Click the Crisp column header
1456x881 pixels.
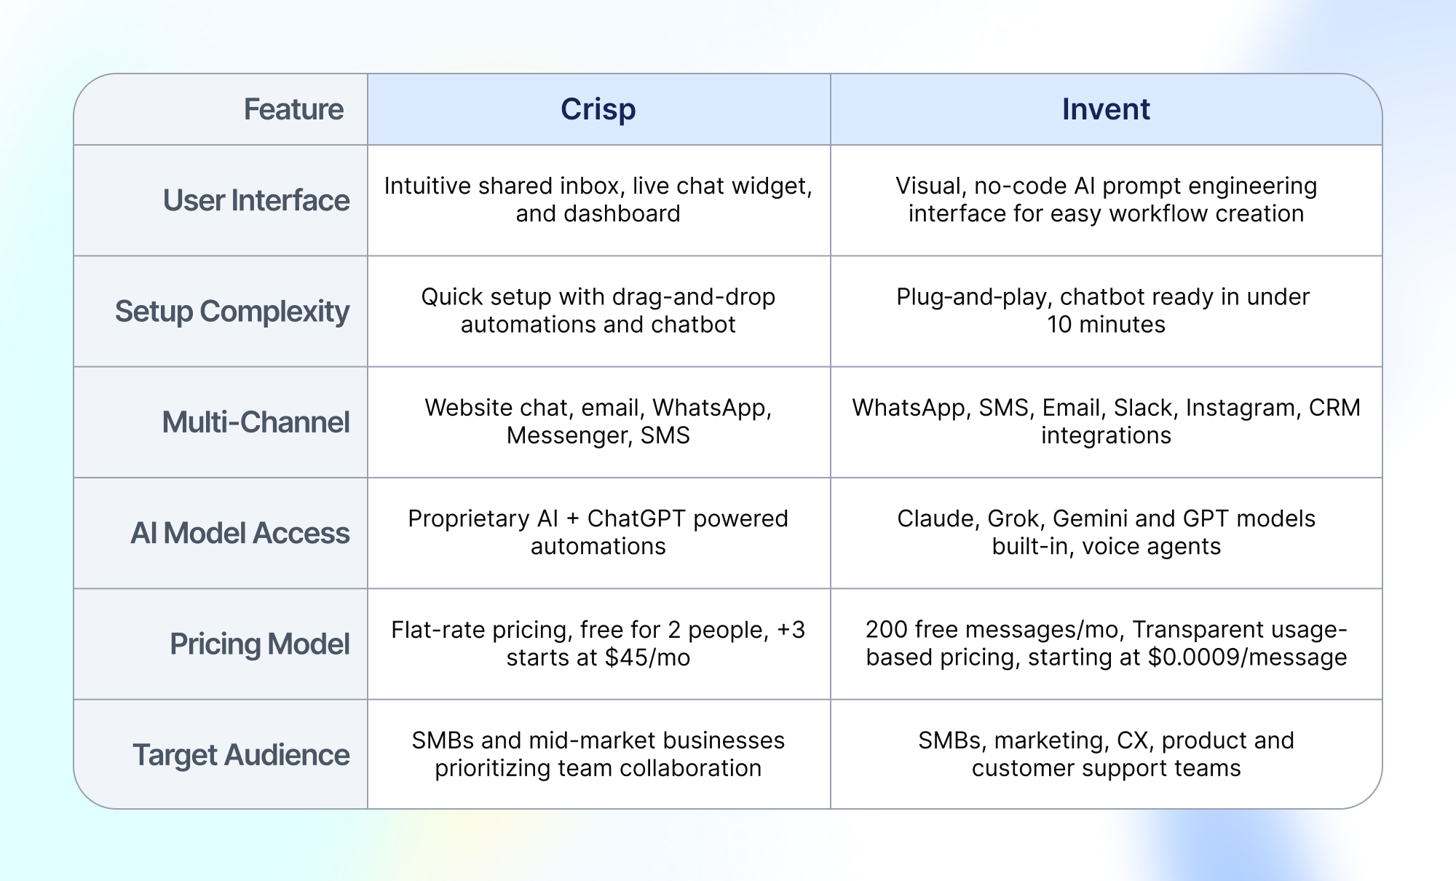coord(598,109)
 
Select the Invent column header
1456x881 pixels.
coord(1106,109)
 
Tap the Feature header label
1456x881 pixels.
coord(293,109)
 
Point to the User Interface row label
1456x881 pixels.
coord(256,200)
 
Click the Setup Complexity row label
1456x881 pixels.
coord(232,312)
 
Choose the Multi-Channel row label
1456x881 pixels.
coord(256,422)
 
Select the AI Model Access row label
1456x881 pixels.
coord(240,533)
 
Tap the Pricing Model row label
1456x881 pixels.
coord(260,644)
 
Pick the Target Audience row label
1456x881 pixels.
coord(241,755)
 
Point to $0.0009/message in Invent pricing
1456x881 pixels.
coord(1247,657)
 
